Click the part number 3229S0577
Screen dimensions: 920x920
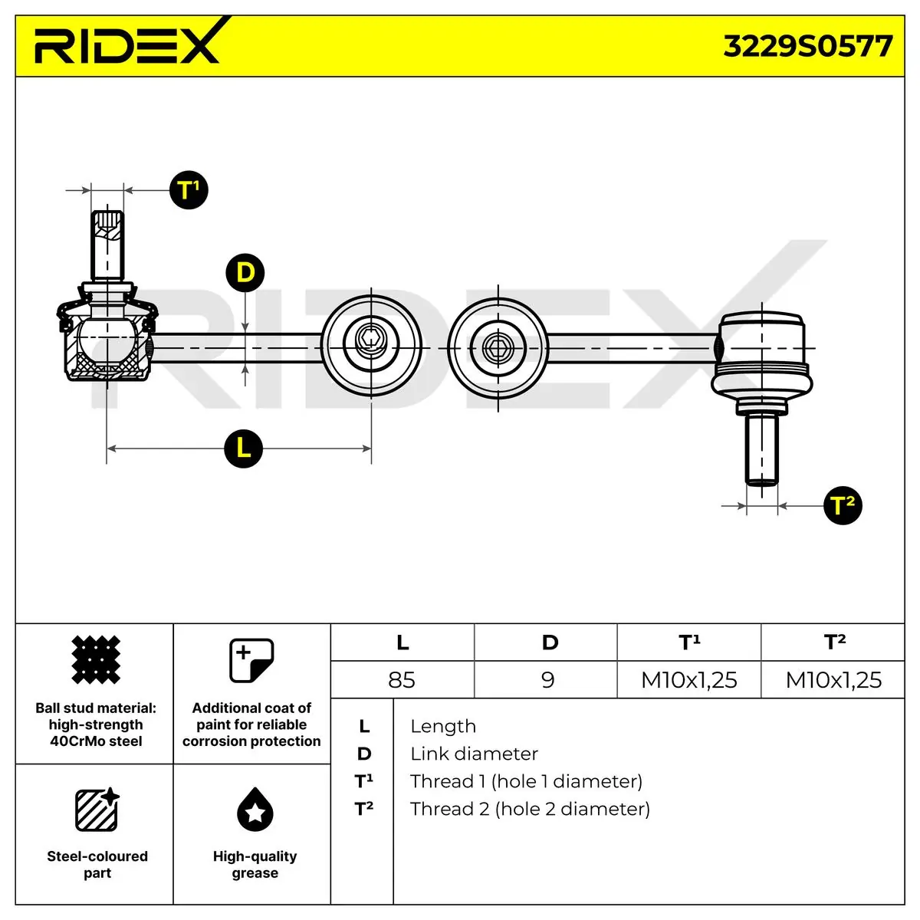tap(807, 47)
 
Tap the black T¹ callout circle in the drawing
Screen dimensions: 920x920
tap(189, 190)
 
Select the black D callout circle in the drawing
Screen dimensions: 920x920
tap(245, 273)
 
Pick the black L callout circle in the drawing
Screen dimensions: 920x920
tap(244, 449)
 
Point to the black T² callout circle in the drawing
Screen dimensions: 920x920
tap(843, 505)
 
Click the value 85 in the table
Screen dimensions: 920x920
tap(402, 680)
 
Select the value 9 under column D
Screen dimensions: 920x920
tap(548, 680)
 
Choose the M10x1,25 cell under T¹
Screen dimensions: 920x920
tap(689, 680)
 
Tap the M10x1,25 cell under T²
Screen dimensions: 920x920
tap(833, 680)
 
